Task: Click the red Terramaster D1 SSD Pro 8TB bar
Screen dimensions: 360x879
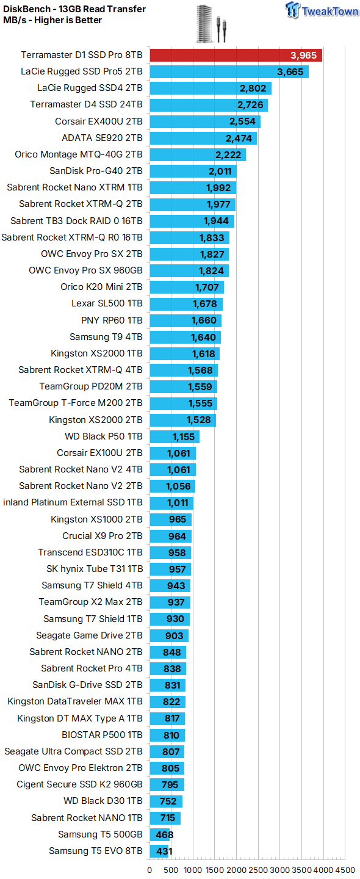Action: point(236,56)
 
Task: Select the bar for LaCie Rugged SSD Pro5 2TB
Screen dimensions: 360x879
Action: point(229,72)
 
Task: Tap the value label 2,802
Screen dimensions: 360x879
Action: point(253,89)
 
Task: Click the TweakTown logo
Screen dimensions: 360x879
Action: point(322,10)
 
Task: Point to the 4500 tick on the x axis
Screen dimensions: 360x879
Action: point(345,870)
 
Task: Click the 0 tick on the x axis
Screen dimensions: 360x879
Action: point(149,870)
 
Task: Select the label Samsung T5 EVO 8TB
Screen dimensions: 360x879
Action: point(96,851)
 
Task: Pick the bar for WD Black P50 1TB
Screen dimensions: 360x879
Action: point(175,437)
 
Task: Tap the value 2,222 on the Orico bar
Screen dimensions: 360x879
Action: point(228,154)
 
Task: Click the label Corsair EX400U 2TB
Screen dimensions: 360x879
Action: point(99,121)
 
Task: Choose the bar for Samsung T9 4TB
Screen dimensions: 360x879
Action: point(185,337)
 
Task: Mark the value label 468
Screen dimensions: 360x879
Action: point(165,834)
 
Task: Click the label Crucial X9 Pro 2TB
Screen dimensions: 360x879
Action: point(103,536)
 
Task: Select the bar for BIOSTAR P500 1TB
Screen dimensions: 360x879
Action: point(167,735)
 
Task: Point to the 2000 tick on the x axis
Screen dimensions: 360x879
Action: point(236,870)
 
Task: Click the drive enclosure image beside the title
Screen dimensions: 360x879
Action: point(212,23)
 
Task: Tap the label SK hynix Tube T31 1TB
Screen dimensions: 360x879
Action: point(95,569)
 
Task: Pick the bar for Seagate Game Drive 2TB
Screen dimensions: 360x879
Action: point(169,635)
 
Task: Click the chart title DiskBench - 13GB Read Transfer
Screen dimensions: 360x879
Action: point(74,9)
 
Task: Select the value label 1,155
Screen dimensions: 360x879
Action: point(184,437)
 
